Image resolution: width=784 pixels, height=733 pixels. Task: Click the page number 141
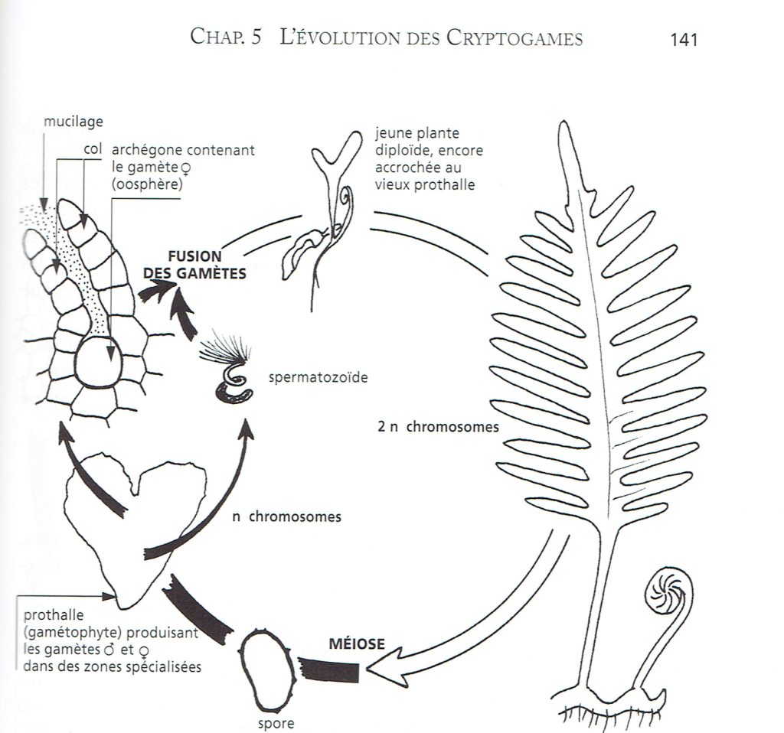click(x=683, y=40)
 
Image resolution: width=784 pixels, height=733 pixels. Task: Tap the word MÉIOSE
click(x=357, y=643)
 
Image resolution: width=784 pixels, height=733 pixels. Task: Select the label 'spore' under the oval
click(x=276, y=723)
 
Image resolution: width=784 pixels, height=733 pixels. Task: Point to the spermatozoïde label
click(x=318, y=376)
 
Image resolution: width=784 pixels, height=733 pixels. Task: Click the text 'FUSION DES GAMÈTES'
click(x=194, y=265)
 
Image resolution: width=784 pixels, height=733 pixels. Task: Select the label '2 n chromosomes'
click(x=438, y=427)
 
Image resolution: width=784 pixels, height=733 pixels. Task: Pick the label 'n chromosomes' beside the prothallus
click(x=286, y=516)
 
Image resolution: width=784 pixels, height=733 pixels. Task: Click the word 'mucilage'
click(x=73, y=122)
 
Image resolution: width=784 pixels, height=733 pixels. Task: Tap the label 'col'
click(x=93, y=149)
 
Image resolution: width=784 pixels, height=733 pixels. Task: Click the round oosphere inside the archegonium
click(x=97, y=361)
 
